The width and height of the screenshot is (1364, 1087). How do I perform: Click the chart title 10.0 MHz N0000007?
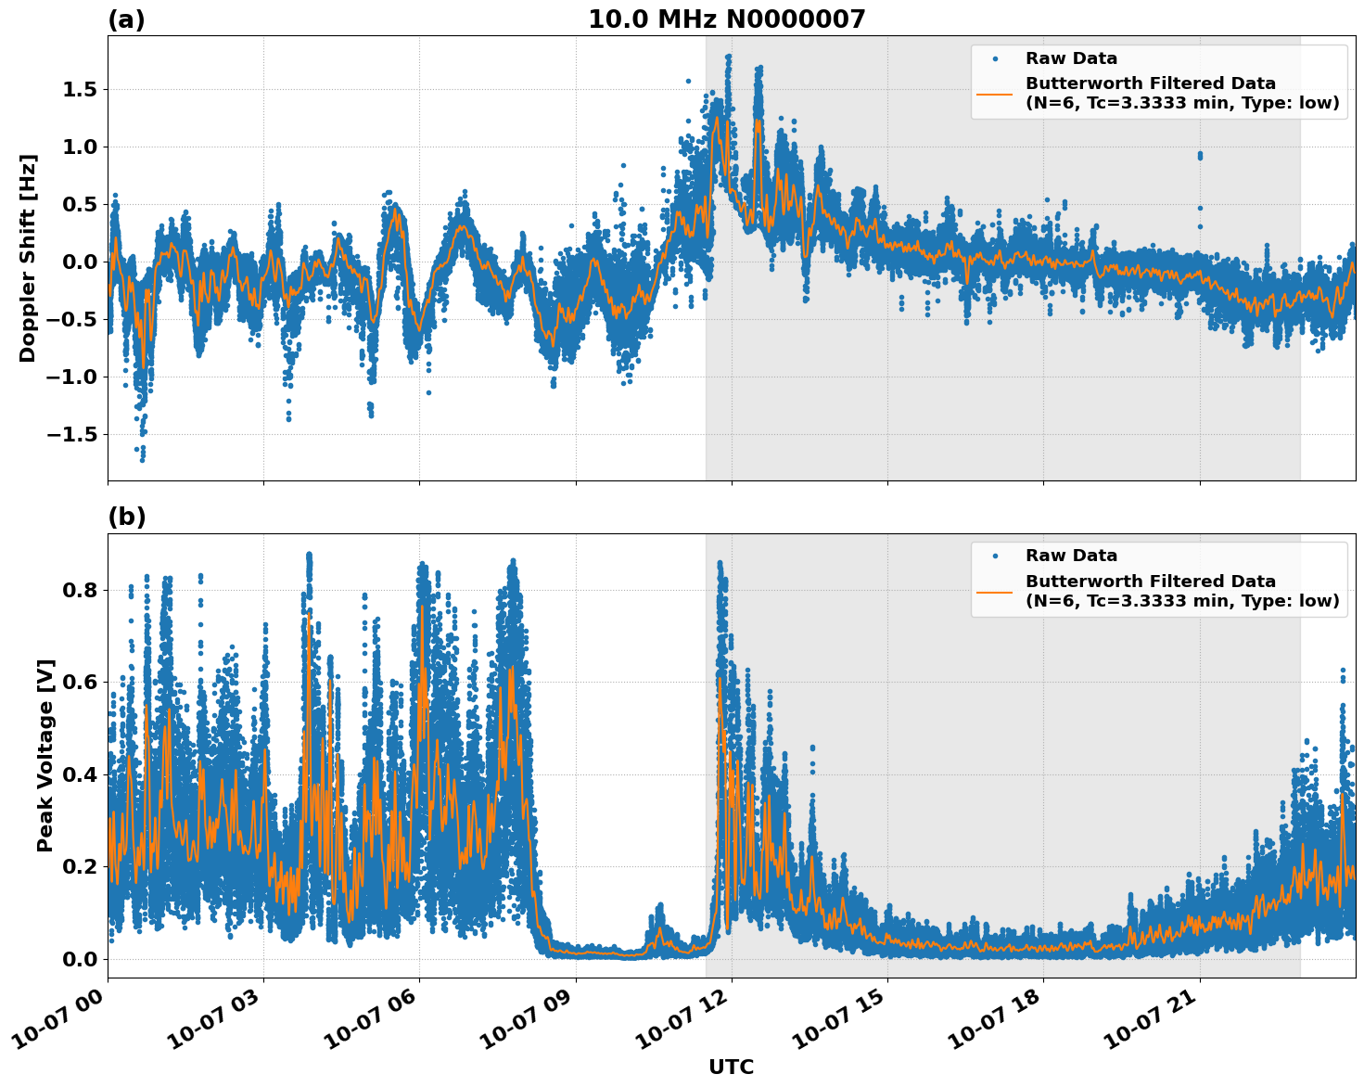click(726, 19)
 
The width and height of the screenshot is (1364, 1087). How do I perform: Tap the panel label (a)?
click(126, 19)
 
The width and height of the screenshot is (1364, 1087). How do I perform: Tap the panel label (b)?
click(126, 517)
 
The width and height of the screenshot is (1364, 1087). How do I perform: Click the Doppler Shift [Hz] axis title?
click(28, 258)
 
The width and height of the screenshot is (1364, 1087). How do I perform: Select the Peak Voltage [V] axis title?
click(45, 755)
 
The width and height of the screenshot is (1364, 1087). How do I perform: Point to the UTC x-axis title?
click(731, 1067)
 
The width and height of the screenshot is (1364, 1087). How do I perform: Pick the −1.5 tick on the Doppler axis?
click(75, 434)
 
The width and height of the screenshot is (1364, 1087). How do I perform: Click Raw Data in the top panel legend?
click(1071, 58)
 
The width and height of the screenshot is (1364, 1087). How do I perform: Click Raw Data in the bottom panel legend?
click(1071, 556)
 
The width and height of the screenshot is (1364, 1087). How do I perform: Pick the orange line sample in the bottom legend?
click(995, 591)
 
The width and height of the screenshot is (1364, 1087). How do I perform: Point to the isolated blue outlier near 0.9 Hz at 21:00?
click(1200, 155)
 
